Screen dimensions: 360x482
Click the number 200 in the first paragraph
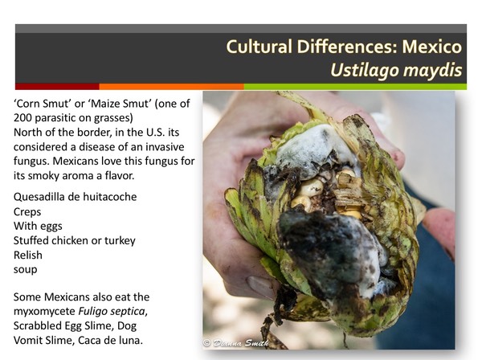pyautogui.click(x=27, y=119)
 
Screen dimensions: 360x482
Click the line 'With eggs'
pyautogui.click(x=41, y=226)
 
